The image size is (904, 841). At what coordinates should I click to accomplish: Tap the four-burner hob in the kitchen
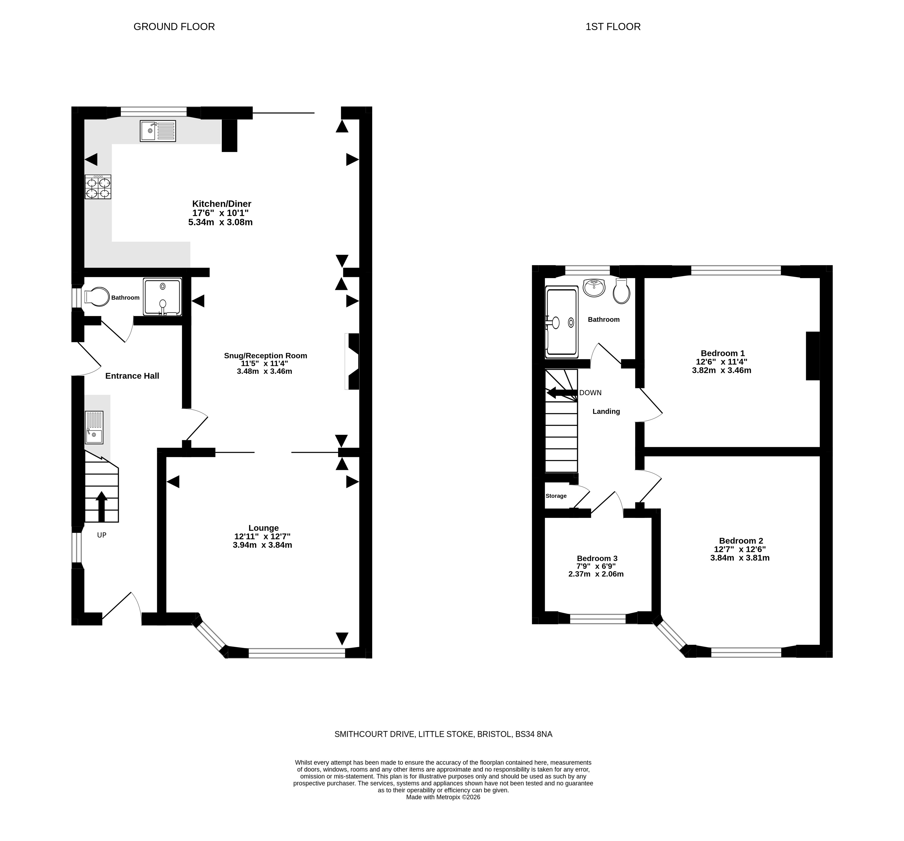coord(98,187)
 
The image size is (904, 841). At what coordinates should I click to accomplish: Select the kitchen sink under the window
coord(158,131)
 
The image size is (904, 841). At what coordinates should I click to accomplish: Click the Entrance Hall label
coord(132,376)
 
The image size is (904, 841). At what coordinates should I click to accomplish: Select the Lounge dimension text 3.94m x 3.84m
coord(262,545)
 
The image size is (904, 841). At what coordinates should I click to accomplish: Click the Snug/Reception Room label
coord(265,356)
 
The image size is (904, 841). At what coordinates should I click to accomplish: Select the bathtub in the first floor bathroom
coord(561,322)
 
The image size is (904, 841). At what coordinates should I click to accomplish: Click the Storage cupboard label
coord(556,496)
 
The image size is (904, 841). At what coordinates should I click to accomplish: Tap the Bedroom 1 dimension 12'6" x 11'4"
coord(722,362)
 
